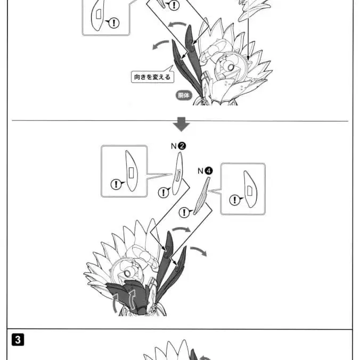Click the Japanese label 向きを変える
[x=152, y=77]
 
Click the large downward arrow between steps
[x=182, y=125]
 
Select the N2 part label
[x=178, y=145]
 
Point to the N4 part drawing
[x=201, y=195]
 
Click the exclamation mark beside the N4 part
[x=184, y=212]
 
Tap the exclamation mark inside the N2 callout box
[x=116, y=184]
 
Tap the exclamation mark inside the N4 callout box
[x=234, y=200]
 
